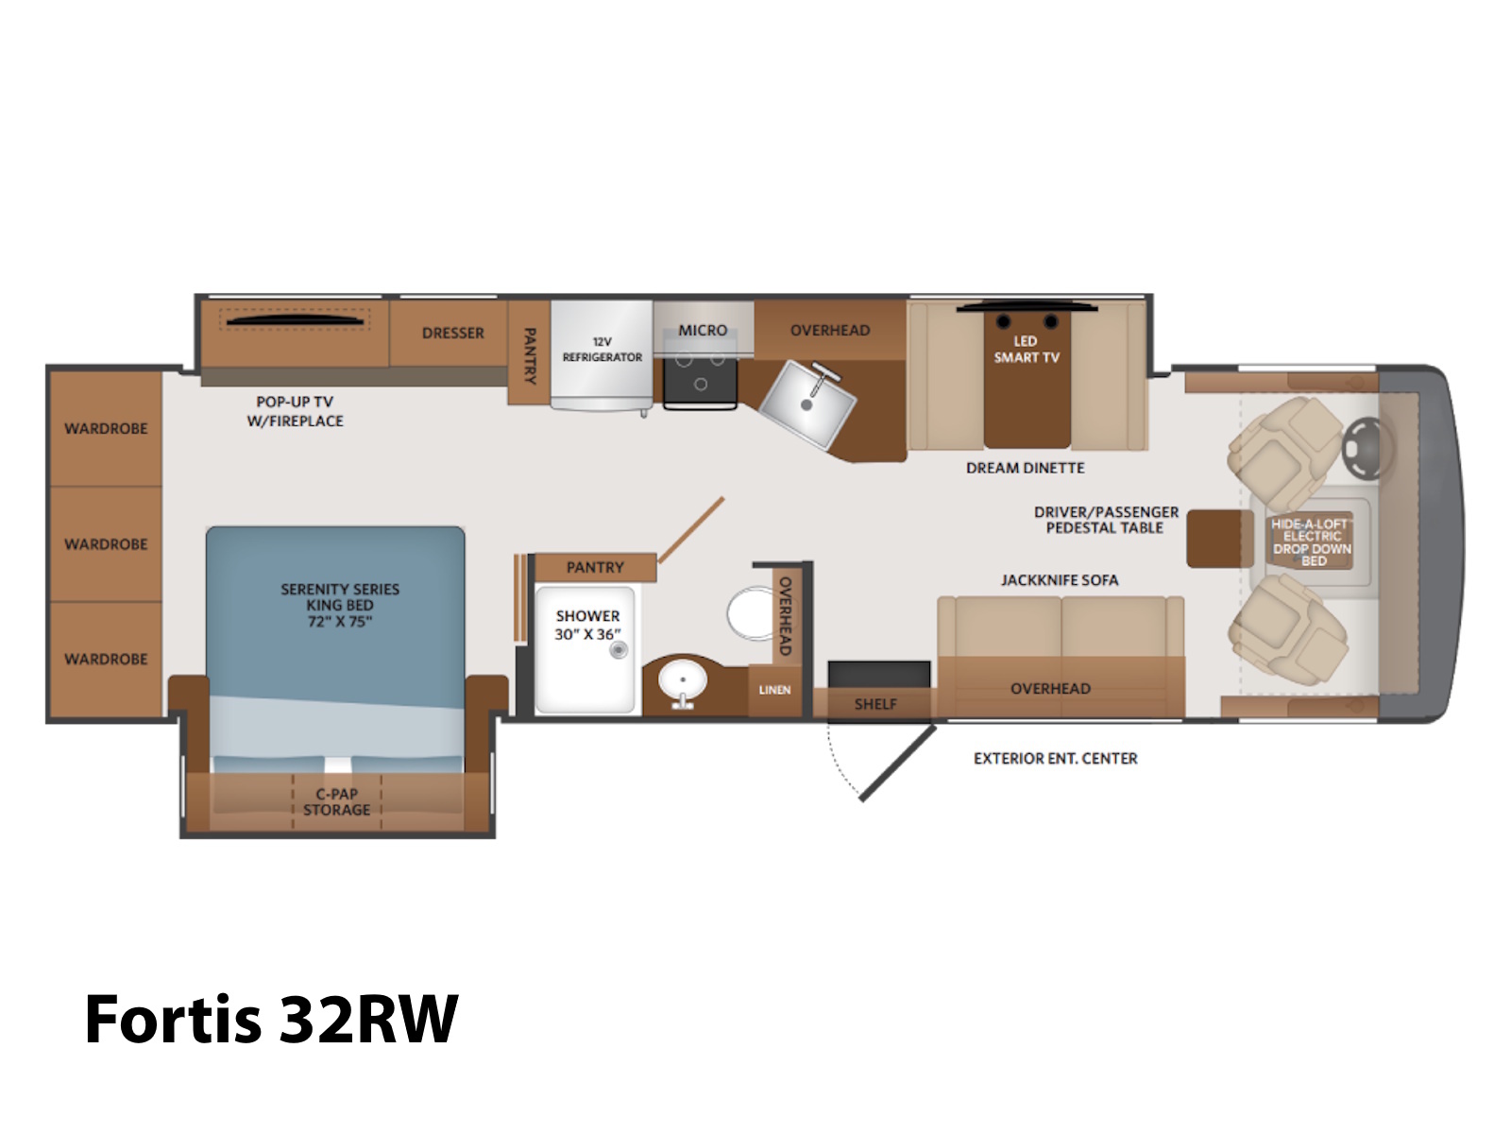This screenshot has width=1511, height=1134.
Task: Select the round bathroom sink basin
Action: coord(682,681)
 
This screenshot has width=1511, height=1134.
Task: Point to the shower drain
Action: coord(619,649)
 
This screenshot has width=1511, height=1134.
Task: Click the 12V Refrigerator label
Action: coord(603,350)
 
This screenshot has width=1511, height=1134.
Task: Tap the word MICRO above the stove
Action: coord(703,331)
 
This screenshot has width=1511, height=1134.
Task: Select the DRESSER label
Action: coord(453,334)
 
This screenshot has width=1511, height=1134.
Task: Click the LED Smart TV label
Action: coord(1026,349)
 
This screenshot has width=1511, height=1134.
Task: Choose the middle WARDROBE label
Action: coord(106,544)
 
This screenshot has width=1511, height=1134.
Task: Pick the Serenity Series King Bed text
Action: coord(340,605)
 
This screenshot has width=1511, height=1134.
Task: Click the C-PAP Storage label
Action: coord(336,802)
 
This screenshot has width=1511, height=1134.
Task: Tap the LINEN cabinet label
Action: coord(774,690)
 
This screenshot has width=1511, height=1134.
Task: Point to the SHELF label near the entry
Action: coord(875,704)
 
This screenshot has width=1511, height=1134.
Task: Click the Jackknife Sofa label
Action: coord(1060,580)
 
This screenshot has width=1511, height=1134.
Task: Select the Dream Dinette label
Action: coord(1025,468)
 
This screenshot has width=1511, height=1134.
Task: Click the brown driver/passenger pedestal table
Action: coord(1219,539)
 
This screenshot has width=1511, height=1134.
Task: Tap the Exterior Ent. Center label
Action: coord(1055,759)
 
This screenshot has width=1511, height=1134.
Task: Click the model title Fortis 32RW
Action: coord(271,1020)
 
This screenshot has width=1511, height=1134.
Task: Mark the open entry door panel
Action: coord(898,763)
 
